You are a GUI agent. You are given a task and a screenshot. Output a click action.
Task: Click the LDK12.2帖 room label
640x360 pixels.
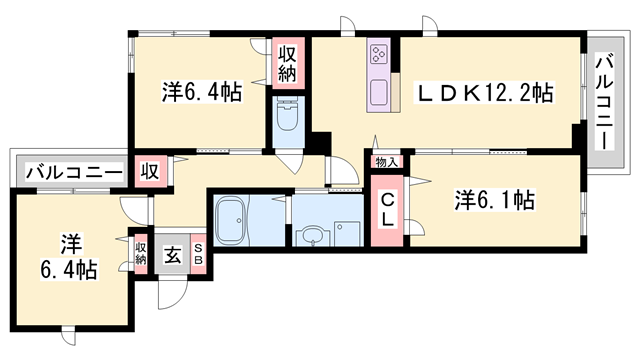click(484, 93)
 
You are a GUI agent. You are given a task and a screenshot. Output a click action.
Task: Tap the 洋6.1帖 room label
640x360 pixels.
click(495, 200)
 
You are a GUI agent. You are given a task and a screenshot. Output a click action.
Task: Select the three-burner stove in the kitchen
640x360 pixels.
click(380, 54)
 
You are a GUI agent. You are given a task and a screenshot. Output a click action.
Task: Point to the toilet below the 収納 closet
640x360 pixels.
click(287, 121)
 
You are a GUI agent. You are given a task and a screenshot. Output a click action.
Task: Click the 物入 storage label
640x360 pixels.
click(386, 162)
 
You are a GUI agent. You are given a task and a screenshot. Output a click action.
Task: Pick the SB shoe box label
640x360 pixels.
click(198, 255)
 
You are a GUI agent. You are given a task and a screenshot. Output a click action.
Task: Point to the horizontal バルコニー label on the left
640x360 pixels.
click(68, 171)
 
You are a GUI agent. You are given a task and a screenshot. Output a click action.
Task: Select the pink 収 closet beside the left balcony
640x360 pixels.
click(150, 170)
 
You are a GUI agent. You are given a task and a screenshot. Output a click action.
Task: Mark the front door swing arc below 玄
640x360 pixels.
click(172, 288)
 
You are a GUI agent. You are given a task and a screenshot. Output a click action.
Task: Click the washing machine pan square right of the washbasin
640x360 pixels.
click(346, 232)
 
